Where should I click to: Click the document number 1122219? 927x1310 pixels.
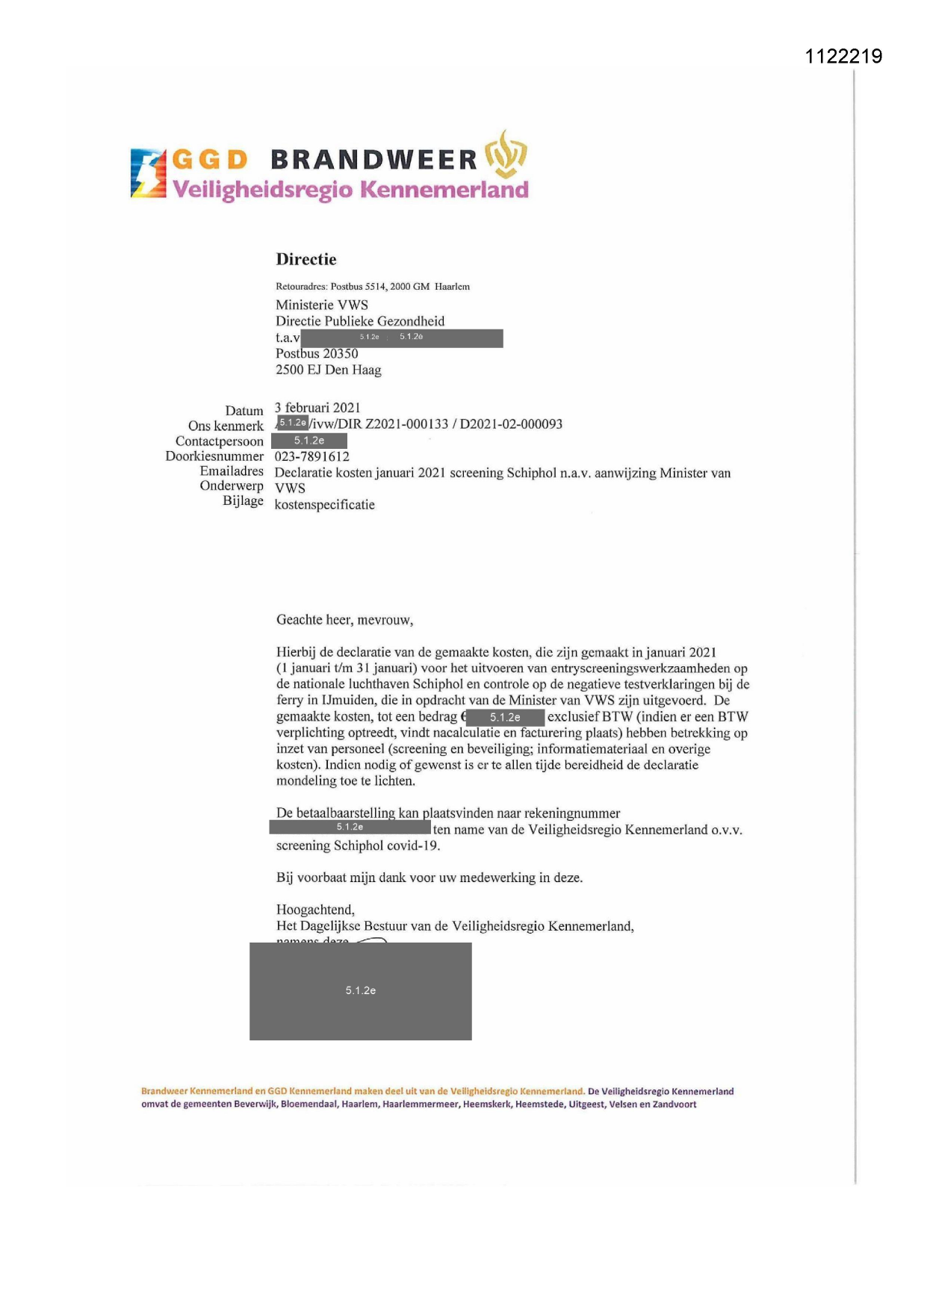click(843, 56)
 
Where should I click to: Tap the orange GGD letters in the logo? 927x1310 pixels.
click(209, 160)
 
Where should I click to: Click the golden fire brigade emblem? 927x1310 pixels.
click(506, 154)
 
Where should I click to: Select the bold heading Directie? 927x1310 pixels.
click(306, 260)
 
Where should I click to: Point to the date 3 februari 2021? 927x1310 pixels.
click(317, 408)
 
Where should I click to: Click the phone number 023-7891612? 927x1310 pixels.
click(311, 456)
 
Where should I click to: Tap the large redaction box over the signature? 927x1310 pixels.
click(360, 991)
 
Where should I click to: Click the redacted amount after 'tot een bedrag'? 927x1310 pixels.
click(505, 718)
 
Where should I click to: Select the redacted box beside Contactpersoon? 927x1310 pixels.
click(309, 441)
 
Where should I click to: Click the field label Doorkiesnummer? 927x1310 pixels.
click(214, 456)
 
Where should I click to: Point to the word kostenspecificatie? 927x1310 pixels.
click(324, 505)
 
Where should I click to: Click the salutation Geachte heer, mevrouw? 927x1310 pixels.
click(344, 620)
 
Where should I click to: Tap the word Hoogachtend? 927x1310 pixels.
click(315, 910)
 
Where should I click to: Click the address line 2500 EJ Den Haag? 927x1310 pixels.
click(328, 370)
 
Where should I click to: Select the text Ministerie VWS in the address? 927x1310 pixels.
click(321, 305)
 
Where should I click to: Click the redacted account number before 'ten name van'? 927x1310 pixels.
click(350, 828)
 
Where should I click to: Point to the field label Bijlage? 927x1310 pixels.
click(243, 500)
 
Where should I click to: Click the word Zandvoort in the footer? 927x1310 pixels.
click(674, 1105)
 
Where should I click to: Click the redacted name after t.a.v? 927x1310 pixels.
click(401, 338)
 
